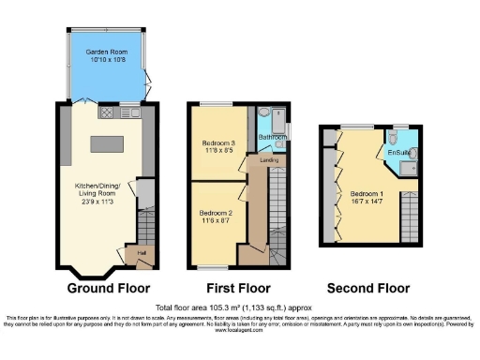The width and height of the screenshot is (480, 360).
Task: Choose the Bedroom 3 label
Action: pos(218,140)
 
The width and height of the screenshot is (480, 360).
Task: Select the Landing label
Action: pos(268,159)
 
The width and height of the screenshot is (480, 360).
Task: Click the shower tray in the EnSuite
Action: pos(410,168)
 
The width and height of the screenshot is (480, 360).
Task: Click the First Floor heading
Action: pos(238,288)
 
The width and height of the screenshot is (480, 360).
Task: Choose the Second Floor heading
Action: pos(367,288)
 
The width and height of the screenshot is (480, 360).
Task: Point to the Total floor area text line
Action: pos(239,307)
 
